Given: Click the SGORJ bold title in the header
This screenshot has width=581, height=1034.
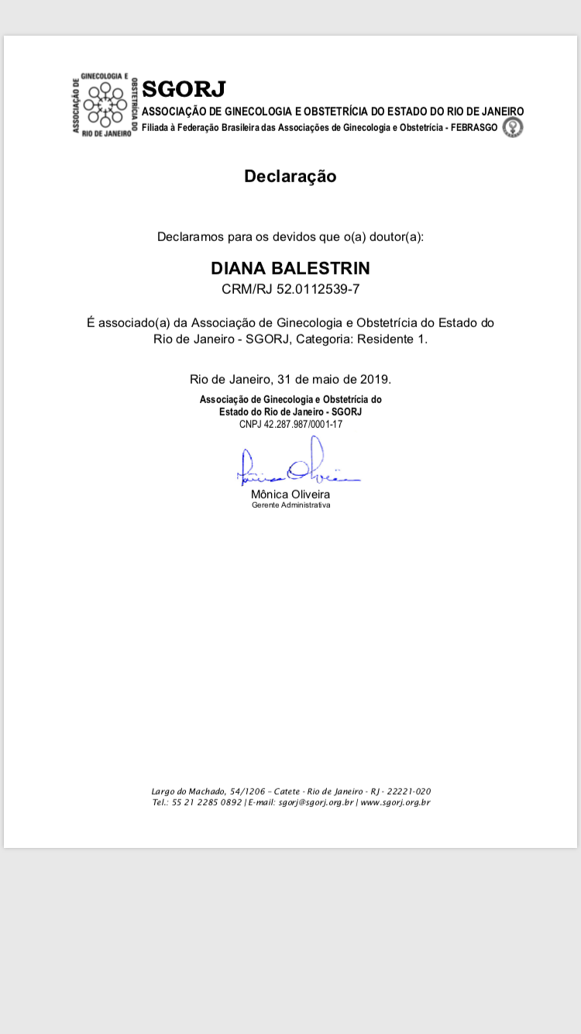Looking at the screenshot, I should [184, 90].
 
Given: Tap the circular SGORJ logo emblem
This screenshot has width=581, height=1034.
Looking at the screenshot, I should [105, 104].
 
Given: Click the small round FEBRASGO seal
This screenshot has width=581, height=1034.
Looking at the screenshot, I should [513, 127].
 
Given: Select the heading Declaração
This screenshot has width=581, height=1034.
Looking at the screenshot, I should [290, 176].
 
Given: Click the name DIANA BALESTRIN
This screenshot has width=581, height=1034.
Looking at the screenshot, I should [290, 268].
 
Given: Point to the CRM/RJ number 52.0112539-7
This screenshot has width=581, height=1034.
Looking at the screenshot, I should [318, 290].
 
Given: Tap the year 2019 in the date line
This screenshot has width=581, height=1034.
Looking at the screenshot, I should [375, 379].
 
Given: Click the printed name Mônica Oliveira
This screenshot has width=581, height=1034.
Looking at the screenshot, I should [290, 494].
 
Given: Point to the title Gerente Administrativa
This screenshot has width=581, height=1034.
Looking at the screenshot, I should [290, 505].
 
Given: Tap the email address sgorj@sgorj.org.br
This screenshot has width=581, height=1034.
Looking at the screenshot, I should [316, 802].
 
